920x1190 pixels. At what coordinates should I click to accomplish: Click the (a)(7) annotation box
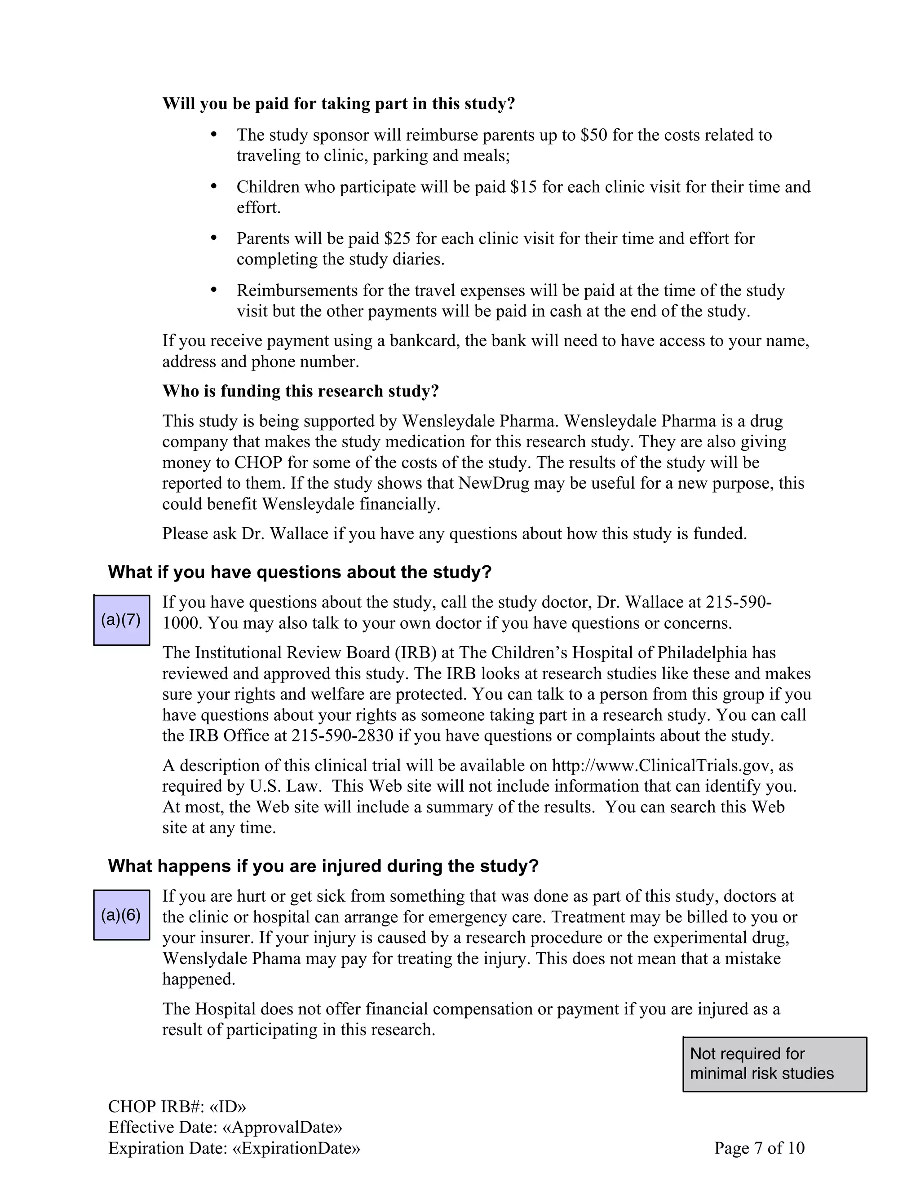121,620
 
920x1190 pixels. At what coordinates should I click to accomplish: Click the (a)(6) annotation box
121,915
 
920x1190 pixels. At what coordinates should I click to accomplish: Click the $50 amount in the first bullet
593,135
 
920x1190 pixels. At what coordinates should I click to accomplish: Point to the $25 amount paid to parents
397,238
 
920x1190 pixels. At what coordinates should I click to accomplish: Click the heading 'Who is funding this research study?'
301,391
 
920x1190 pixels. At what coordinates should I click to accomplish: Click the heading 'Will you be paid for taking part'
338,104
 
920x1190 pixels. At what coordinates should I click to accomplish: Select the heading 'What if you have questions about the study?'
300,572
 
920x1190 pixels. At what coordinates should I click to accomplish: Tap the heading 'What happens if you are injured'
323,866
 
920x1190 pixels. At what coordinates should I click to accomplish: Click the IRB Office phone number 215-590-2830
342,736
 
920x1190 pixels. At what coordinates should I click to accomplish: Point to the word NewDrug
494,483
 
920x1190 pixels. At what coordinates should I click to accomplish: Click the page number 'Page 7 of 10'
759,1148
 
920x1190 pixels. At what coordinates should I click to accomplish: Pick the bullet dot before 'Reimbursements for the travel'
214,290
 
